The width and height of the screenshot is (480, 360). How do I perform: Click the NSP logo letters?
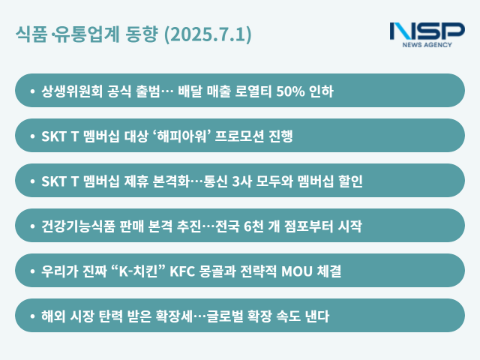[x=427, y=31]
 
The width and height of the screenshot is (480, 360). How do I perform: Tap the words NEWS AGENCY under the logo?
[x=427, y=46]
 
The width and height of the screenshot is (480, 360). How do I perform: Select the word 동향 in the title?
[x=143, y=35]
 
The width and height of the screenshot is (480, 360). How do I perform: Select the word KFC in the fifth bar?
[x=183, y=271]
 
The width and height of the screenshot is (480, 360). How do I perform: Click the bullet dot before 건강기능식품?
[x=32, y=226]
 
